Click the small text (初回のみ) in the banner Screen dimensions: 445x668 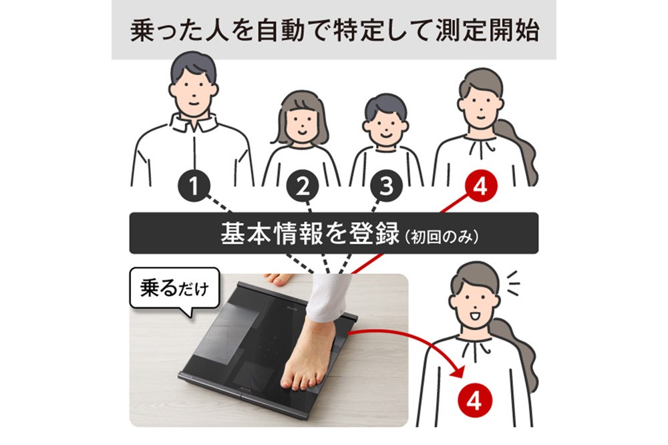(442, 237)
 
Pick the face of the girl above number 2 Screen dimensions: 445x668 (302, 124)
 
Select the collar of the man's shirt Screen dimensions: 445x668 (193, 124)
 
